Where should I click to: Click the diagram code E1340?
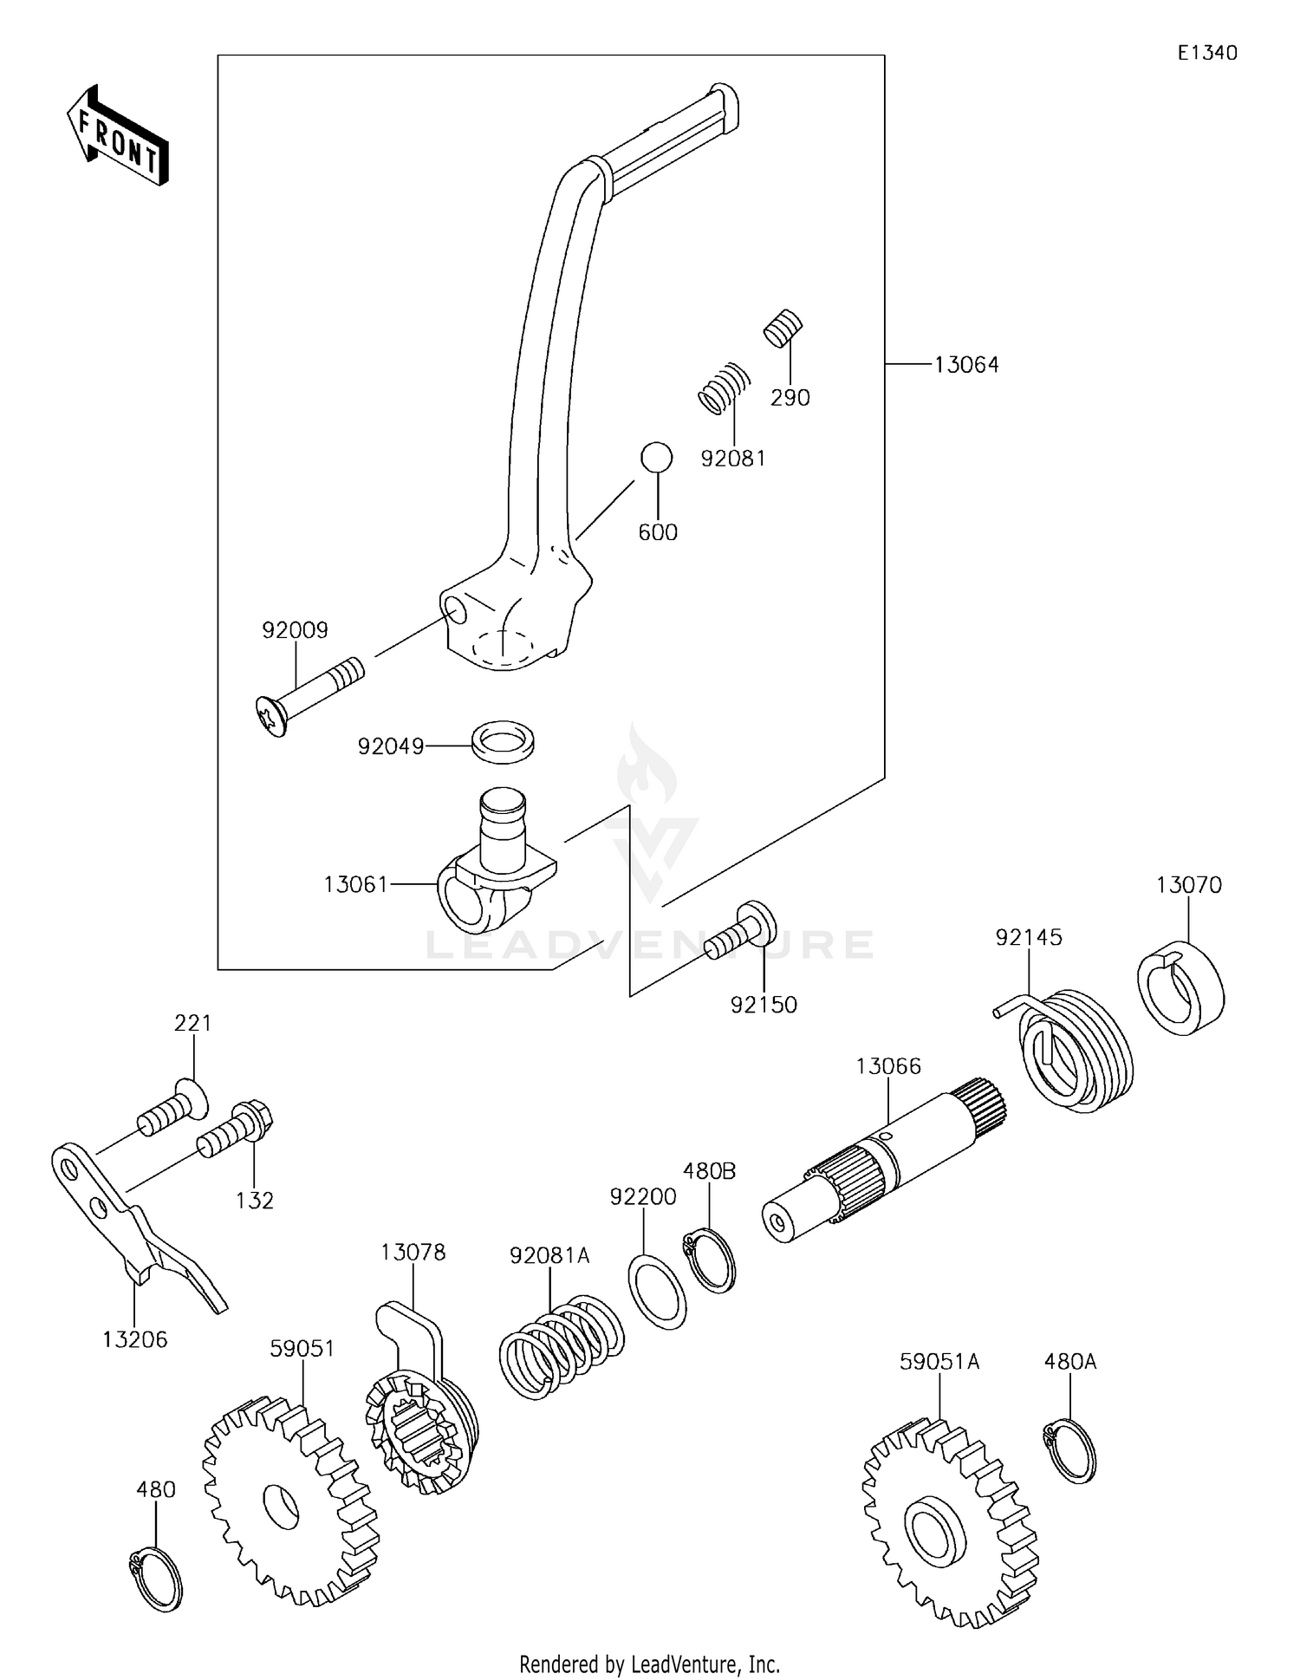pos(1206,53)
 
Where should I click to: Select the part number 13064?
pos(965,365)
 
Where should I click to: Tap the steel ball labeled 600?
pos(656,457)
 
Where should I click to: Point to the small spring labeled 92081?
pos(724,387)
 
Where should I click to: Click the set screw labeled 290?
pos(783,328)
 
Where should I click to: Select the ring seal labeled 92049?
pos(503,744)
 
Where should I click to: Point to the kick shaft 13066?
pos(884,1162)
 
